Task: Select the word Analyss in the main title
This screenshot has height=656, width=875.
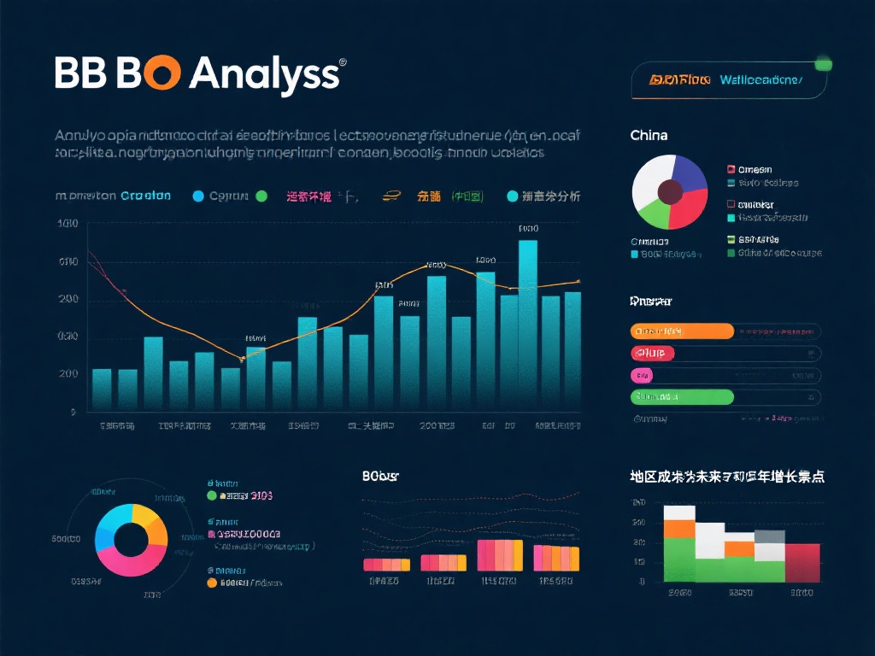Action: pyautogui.click(x=264, y=75)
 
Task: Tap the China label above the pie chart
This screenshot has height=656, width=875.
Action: pyautogui.click(x=649, y=135)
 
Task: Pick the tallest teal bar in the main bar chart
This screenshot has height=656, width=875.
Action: pyautogui.click(x=528, y=325)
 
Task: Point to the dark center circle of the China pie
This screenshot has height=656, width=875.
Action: pyautogui.click(x=670, y=191)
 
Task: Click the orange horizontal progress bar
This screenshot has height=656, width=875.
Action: pyautogui.click(x=682, y=331)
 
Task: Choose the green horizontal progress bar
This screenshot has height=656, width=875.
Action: pyautogui.click(x=682, y=396)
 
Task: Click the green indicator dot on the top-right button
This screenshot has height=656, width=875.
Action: pyautogui.click(x=824, y=63)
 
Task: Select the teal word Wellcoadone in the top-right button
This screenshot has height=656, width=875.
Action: pyautogui.click(x=760, y=80)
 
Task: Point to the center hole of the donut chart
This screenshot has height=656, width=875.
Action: pyautogui.click(x=131, y=540)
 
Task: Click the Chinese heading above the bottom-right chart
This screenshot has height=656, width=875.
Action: pyautogui.click(x=726, y=477)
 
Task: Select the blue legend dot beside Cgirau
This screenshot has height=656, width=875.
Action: pyautogui.click(x=199, y=196)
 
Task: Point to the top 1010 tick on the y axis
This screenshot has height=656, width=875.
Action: pyautogui.click(x=68, y=224)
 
